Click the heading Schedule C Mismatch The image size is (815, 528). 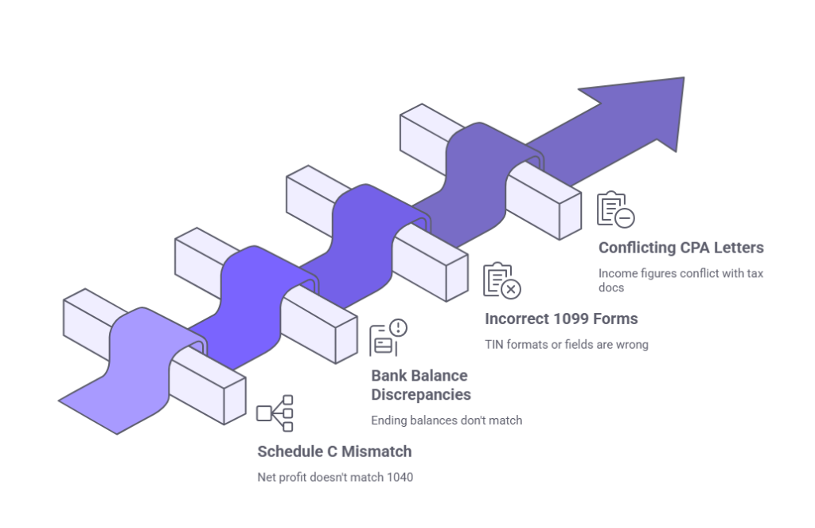333,452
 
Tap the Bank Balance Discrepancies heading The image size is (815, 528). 420,385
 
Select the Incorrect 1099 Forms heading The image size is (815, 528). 561,319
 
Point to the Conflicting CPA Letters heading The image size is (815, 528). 681,248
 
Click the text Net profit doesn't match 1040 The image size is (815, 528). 335,478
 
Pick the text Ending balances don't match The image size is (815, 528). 446,420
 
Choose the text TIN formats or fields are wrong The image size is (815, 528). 566,345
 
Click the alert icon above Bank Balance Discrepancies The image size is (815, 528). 388,338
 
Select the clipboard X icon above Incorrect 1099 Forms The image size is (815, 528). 502,280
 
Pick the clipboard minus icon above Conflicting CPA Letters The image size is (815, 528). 615,209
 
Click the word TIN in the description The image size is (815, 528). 495,345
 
